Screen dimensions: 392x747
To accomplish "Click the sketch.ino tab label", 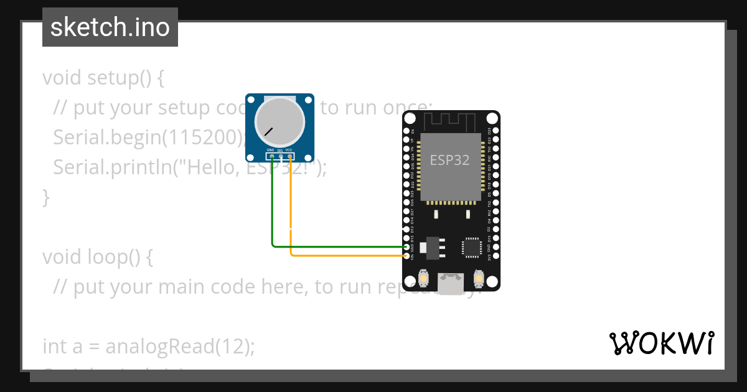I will tap(110, 27).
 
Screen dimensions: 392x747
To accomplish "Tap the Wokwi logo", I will tap(662, 343).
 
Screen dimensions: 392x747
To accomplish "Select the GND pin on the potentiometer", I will tap(271, 156).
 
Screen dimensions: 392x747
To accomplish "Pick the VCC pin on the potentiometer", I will tap(290, 156).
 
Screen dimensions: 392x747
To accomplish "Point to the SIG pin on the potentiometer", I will tap(281, 156).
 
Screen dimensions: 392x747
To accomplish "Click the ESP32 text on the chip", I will tap(449, 160).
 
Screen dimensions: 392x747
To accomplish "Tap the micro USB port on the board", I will tap(451, 283).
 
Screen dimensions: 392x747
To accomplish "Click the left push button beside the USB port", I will tap(423, 278).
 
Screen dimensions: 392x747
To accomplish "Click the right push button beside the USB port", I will tap(479, 278).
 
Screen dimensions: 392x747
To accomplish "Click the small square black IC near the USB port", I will tap(471, 247).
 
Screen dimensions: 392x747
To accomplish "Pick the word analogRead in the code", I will tap(159, 346).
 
